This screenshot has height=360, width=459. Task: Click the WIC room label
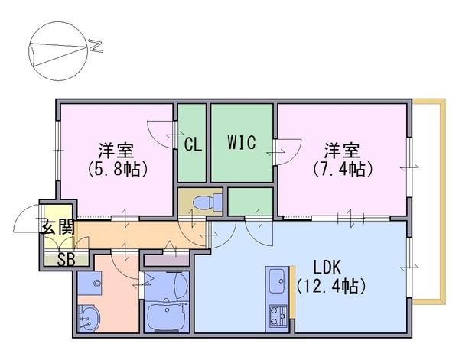[242, 142]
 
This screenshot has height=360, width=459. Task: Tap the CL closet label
[193, 144]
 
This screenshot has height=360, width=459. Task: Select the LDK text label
[327, 267]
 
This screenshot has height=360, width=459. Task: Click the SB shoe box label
[66, 260]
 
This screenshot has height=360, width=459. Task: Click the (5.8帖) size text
[117, 169]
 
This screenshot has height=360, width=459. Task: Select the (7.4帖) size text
[343, 169]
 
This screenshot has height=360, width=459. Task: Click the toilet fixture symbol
[208, 202]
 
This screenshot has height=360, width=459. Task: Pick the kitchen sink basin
[277, 281]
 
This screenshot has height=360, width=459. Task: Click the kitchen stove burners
[278, 316]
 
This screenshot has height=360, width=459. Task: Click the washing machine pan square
[90, 284]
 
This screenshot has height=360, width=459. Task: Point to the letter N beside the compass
[96, 47]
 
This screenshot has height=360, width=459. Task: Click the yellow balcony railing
[443, 202]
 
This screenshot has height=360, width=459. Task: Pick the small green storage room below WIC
[250, 202]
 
